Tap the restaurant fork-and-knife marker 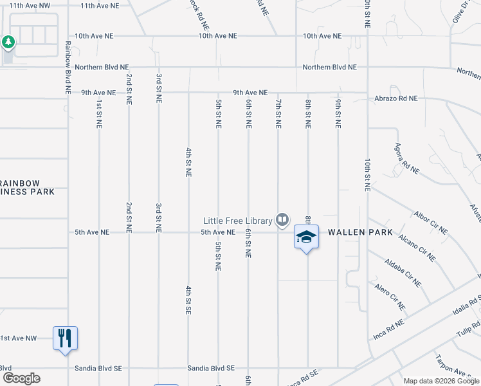point(65,338)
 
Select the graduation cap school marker point(307,237)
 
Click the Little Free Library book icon point(282,221)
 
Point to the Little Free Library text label point(238,221)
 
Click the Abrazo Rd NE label point(396,98)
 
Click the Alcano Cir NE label point(417,247)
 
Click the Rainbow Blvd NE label point(68,68)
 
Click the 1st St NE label point(99,113)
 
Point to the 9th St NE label point(337,113)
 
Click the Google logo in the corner point(21,378)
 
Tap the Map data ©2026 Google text point(441,381)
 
